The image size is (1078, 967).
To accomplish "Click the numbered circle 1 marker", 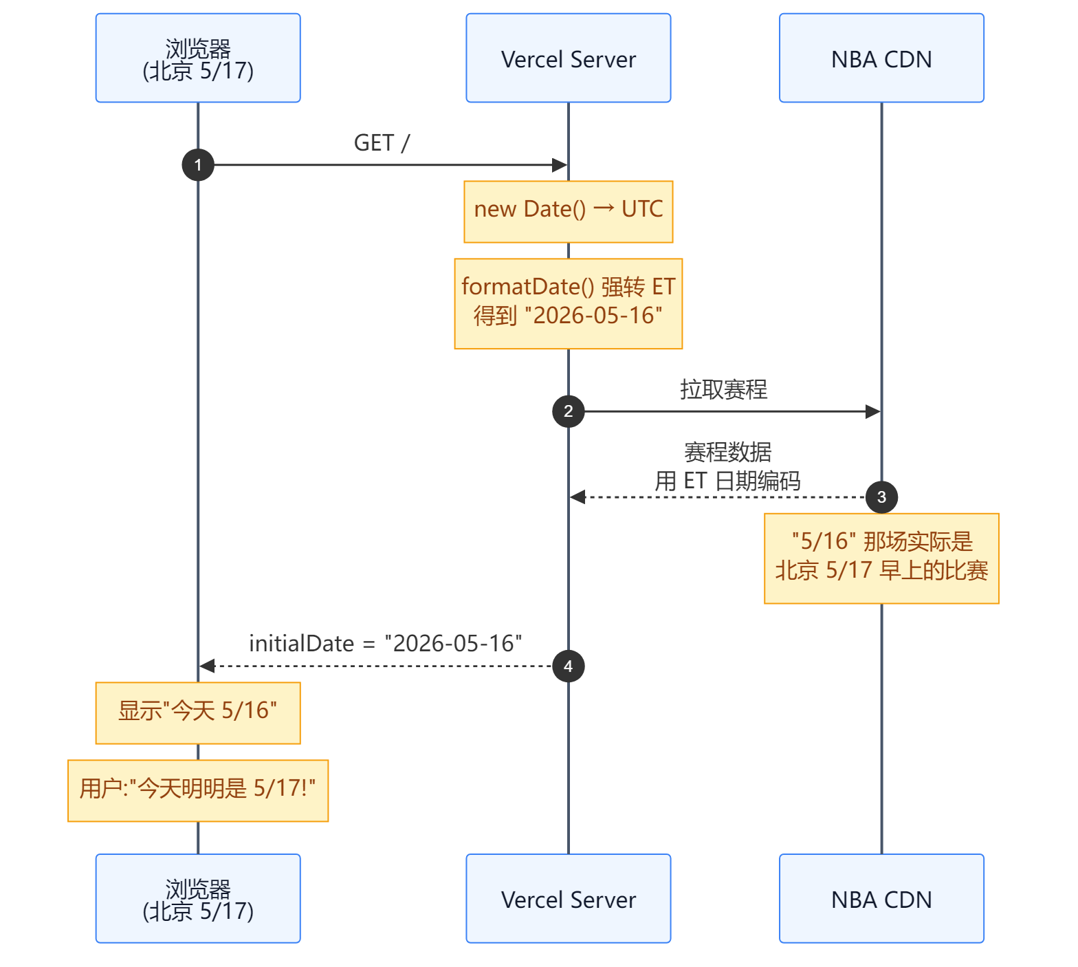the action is tap(198, 165).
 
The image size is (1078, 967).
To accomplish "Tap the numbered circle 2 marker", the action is tap(569, 411).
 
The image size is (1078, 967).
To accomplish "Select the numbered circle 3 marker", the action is tap(881, 497).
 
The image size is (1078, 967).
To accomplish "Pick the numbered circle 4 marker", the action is tap(569, 666).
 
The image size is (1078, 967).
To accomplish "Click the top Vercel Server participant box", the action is tap(569, 58).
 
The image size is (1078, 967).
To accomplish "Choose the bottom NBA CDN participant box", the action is tap(881, 898).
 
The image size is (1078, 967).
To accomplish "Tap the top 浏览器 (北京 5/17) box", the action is tap(198, 58).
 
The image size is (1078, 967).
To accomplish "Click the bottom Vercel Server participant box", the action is tap(569, 898).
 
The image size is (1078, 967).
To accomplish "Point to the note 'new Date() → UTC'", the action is tap(569, 212).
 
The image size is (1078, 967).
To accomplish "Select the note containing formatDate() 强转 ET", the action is tap(569, 304).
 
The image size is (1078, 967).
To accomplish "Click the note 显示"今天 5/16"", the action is tap(198, 713).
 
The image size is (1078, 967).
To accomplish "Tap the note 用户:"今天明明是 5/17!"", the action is tap(198, 791).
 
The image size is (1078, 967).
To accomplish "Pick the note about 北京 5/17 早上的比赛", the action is tap(881, 558).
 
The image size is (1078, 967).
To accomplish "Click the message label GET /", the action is tap(382, 143).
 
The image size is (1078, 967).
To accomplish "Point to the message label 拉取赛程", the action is tap(724, 389).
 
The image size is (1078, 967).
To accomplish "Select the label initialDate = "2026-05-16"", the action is tap(386, 644).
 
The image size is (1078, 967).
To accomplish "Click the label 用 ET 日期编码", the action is tap(727, 481).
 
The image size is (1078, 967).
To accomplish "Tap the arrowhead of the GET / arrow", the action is tap(560, 165).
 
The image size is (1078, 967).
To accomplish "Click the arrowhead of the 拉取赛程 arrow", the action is tap(873, 411).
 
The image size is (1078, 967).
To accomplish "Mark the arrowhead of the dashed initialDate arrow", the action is tap(207, 666).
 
